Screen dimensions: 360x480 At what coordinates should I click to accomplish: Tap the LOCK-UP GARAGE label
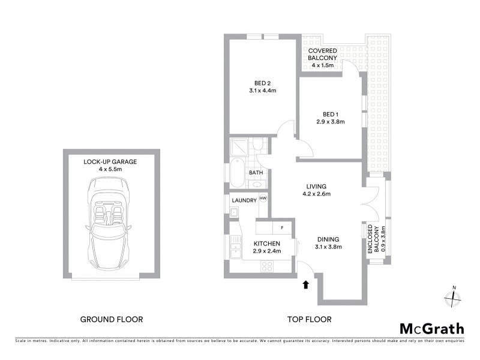[x=112, y=166]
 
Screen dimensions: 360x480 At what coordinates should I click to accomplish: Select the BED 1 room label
[x=331, y=118]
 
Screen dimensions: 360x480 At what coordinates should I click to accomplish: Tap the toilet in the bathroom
[x=257, y=146]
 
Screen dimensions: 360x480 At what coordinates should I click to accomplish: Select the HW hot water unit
[x=263, y=199]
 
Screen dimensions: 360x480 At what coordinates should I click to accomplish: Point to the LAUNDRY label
[x=244, y=200]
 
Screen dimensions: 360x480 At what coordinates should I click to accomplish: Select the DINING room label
[x=328, y=242]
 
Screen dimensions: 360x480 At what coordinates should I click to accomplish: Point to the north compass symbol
[x=451, y=298]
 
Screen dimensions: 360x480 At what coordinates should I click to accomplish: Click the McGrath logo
[x=431, y=328]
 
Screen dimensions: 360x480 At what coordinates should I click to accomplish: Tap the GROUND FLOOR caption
[x=112, y=319]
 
